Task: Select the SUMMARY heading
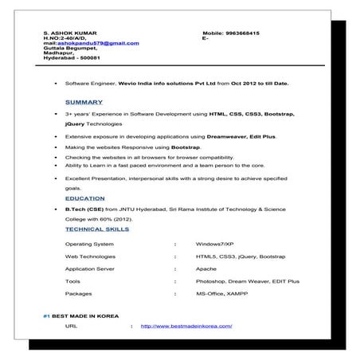84,102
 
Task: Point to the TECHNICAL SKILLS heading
97,229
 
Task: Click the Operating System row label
89,244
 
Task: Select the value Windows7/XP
214,244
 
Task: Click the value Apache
205,268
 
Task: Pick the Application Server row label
92,268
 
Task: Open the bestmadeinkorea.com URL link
186,326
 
